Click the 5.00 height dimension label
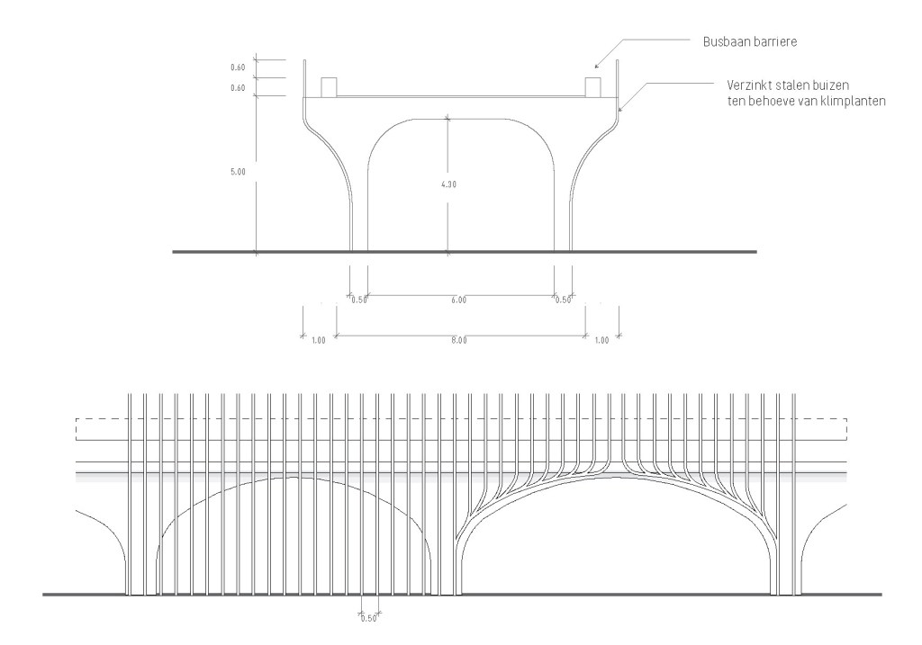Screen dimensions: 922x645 pos(238,172)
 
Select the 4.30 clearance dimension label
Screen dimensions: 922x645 pos(448,184)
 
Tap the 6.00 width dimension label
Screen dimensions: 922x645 pos(458,300)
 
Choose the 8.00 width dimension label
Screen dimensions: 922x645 pos(458,340)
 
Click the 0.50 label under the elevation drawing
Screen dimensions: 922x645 pos(368,619)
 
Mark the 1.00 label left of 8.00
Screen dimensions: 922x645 pos(318,340)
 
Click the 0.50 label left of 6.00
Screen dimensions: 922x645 pos(358,300)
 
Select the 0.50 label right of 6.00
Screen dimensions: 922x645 pos(563,300)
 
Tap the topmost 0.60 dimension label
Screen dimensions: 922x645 pos(238,67)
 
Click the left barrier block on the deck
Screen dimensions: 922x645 pos(329,87)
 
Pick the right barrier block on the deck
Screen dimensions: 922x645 pos(592,87)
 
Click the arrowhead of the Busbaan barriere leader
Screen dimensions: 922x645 pos(596,66)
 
